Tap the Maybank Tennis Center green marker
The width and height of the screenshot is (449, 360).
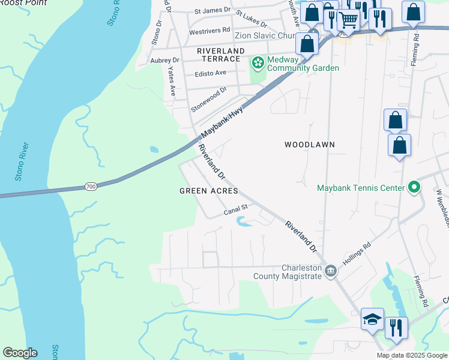coord(414,188)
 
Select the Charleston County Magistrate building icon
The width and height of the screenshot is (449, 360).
coord(330,272)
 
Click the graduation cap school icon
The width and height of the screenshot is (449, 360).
coord(372,319)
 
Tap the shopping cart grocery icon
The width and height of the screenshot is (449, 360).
coord(348,19)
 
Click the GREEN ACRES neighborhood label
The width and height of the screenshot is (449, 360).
coord(209,191)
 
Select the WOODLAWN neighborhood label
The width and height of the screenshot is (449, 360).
coord(309,145)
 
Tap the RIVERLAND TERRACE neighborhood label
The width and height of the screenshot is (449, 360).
coord(221,51)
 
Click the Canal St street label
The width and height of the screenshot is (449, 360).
coord(236,210)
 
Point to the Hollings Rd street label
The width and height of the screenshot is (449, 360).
coord(357,254)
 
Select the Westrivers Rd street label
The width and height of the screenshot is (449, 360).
coord(209,29)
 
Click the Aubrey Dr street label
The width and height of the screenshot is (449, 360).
coord(165,60)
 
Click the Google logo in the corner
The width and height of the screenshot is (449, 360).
coord(20,353)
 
